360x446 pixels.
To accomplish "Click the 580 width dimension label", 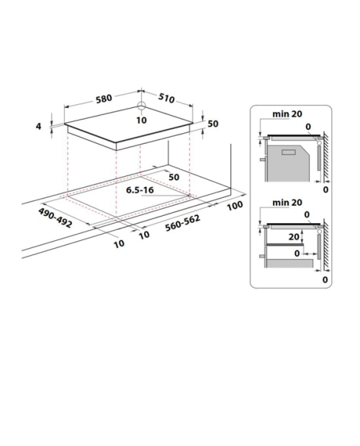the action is point(104,99).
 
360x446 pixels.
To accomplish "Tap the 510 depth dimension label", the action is point(166,98).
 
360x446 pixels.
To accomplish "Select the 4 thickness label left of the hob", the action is point(38,126).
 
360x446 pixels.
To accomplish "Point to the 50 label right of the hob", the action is point(213,124).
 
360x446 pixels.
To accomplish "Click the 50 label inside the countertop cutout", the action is point(174,177).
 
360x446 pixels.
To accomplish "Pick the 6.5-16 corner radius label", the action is point(140,190).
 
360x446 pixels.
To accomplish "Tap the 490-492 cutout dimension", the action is point(55,217).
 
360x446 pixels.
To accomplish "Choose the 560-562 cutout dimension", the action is point(183,223).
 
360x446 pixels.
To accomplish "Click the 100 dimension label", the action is point(235,205).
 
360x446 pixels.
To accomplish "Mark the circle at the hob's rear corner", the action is point(141,106).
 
